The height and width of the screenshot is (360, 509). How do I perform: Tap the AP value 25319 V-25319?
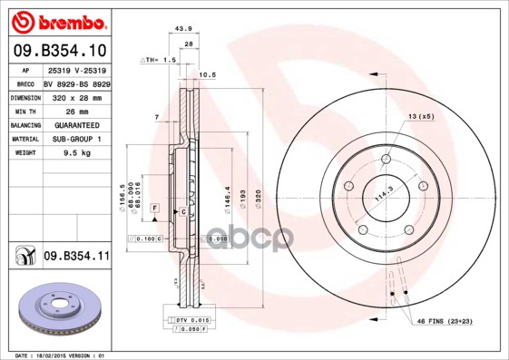click(76, 69)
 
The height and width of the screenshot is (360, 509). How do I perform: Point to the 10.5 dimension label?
click(206, 75)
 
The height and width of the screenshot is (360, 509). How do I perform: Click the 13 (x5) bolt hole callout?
click(421, 117)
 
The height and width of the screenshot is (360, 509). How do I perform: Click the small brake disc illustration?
click(57, 314)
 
